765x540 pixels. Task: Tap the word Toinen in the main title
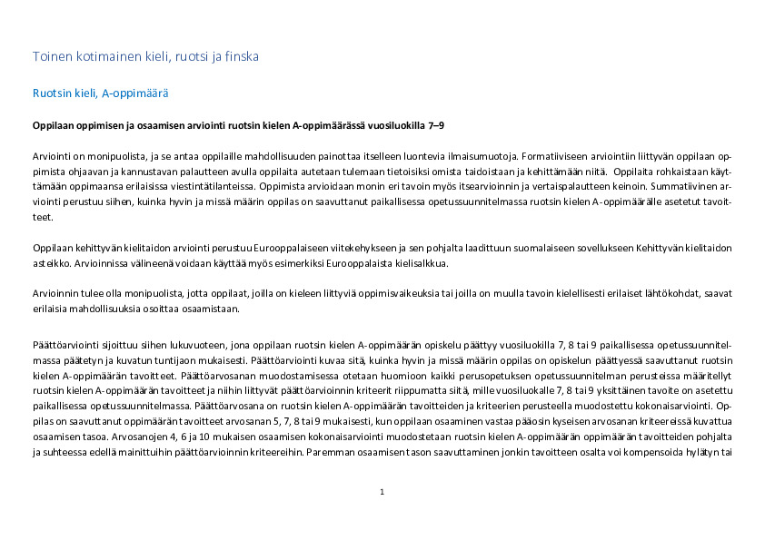[53, 56]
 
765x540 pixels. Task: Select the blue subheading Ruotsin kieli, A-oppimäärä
[100, 93]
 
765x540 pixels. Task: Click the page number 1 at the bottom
[382, 492]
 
